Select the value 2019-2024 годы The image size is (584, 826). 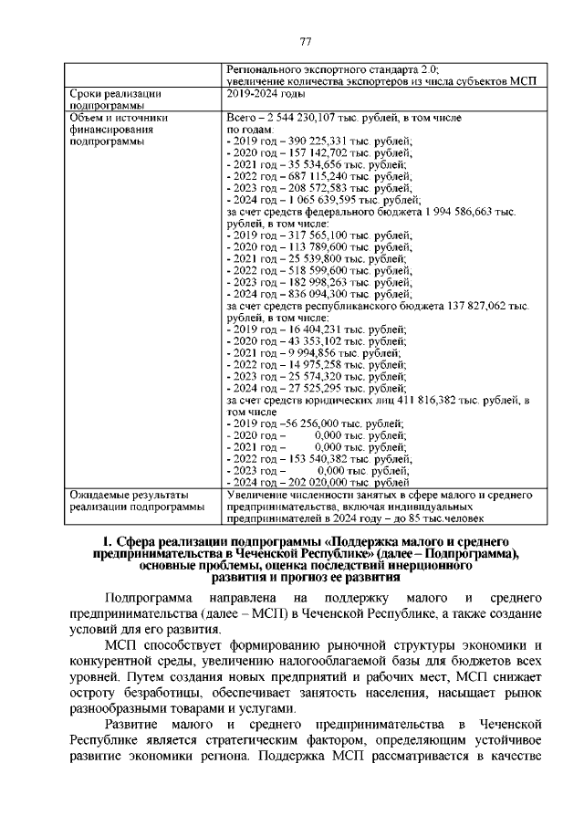point(265,93)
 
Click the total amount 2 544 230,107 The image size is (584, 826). point(301,119)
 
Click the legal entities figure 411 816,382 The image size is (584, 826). point(433,400)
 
